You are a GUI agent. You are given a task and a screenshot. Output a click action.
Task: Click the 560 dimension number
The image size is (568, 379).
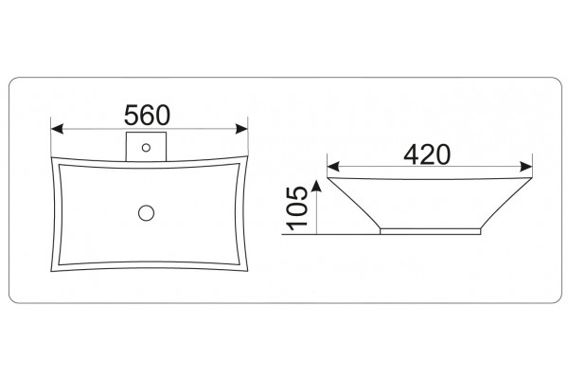coord(147,115)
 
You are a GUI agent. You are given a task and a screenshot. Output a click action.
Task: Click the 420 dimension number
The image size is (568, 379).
coord(427,154)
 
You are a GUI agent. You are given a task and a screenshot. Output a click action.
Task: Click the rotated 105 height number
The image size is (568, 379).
coord(297,208)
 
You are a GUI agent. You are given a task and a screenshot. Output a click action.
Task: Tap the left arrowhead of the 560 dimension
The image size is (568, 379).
coord(57,129)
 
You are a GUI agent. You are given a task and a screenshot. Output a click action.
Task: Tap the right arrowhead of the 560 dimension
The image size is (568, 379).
coord(241,129)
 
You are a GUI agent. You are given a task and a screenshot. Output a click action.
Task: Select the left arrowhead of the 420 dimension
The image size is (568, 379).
coord(333,167)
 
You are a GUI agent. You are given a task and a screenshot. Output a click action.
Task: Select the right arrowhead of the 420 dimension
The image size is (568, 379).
coord(526,167)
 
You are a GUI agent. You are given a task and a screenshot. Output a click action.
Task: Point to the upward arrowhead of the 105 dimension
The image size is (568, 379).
coord(317,185)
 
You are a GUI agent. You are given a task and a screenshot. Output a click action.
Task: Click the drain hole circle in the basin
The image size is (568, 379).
coord(147,212)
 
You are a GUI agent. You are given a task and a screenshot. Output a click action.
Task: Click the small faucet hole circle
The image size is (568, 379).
coord(146,148)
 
